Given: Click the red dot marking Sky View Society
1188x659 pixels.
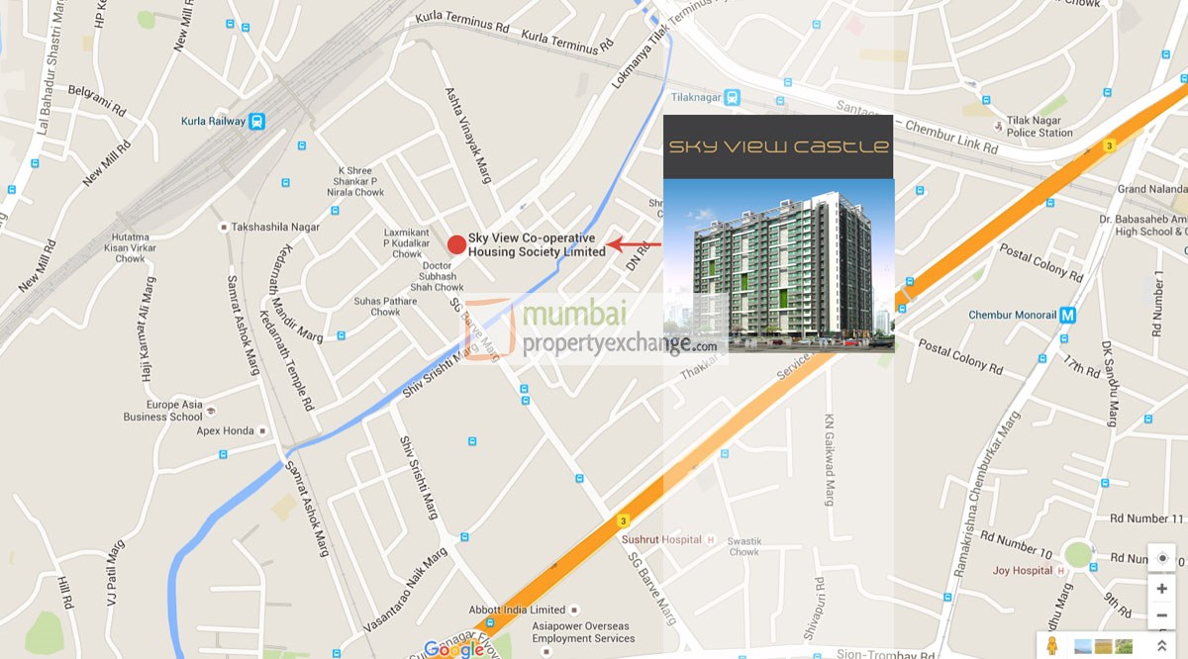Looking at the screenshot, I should (x=456, y=244).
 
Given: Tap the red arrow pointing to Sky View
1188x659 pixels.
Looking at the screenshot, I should (x=634, y=244).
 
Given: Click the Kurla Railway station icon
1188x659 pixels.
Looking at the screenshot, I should (x=257, y=122).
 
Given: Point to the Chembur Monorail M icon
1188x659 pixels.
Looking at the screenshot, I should (x=1067, y=316).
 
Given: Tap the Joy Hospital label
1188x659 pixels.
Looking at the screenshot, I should (x=1023, y=571).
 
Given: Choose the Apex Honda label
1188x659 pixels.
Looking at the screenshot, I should (x=225, y=431).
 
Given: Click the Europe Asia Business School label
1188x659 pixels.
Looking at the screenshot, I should (x=163, y=411).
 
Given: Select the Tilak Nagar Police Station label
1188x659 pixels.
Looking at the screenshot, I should (x=1039, y=127).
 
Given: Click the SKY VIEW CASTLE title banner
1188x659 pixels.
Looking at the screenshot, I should (x=778, y=146).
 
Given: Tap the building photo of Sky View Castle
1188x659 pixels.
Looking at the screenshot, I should (x=778, y=265).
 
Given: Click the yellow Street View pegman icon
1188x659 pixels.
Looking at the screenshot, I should (x=1051, y=645).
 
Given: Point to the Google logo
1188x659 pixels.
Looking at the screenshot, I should (x=453, y=650).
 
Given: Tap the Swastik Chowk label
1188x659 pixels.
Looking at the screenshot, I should (x=743, y=547).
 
